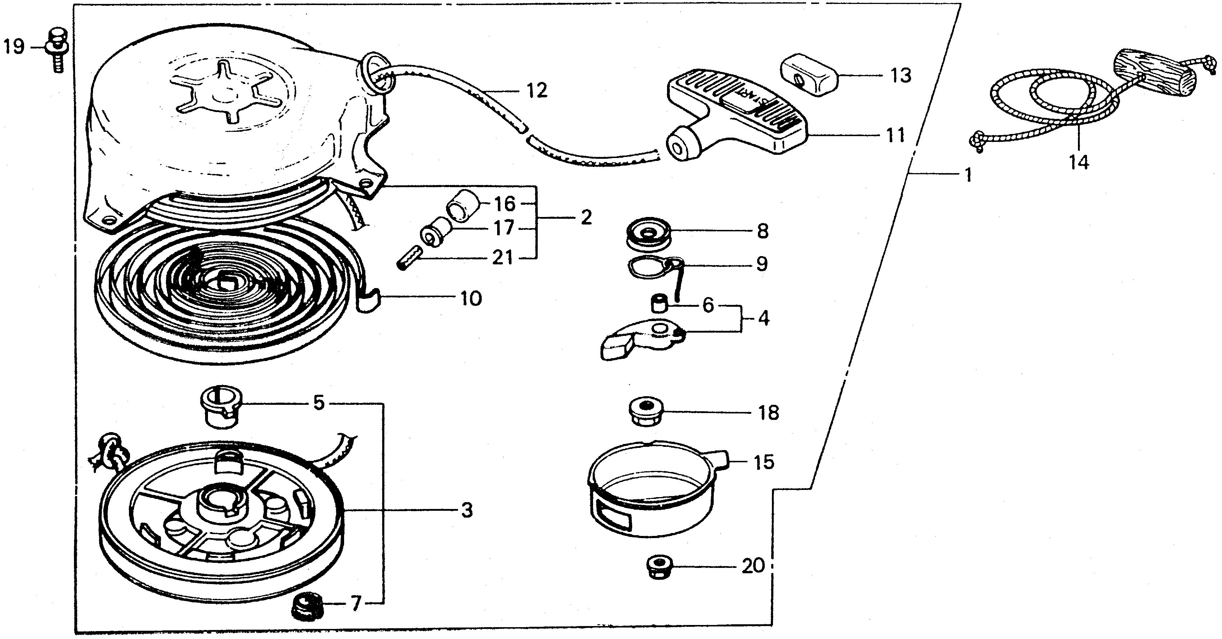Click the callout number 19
click(14, 47)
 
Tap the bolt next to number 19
click(57, 55)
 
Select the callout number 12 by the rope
click(537, 91)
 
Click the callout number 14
click(1078, 163)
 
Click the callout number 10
click(471, 298)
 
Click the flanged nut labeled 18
click(645, 412)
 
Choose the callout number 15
click(764, 462)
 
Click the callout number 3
click(467, 511)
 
